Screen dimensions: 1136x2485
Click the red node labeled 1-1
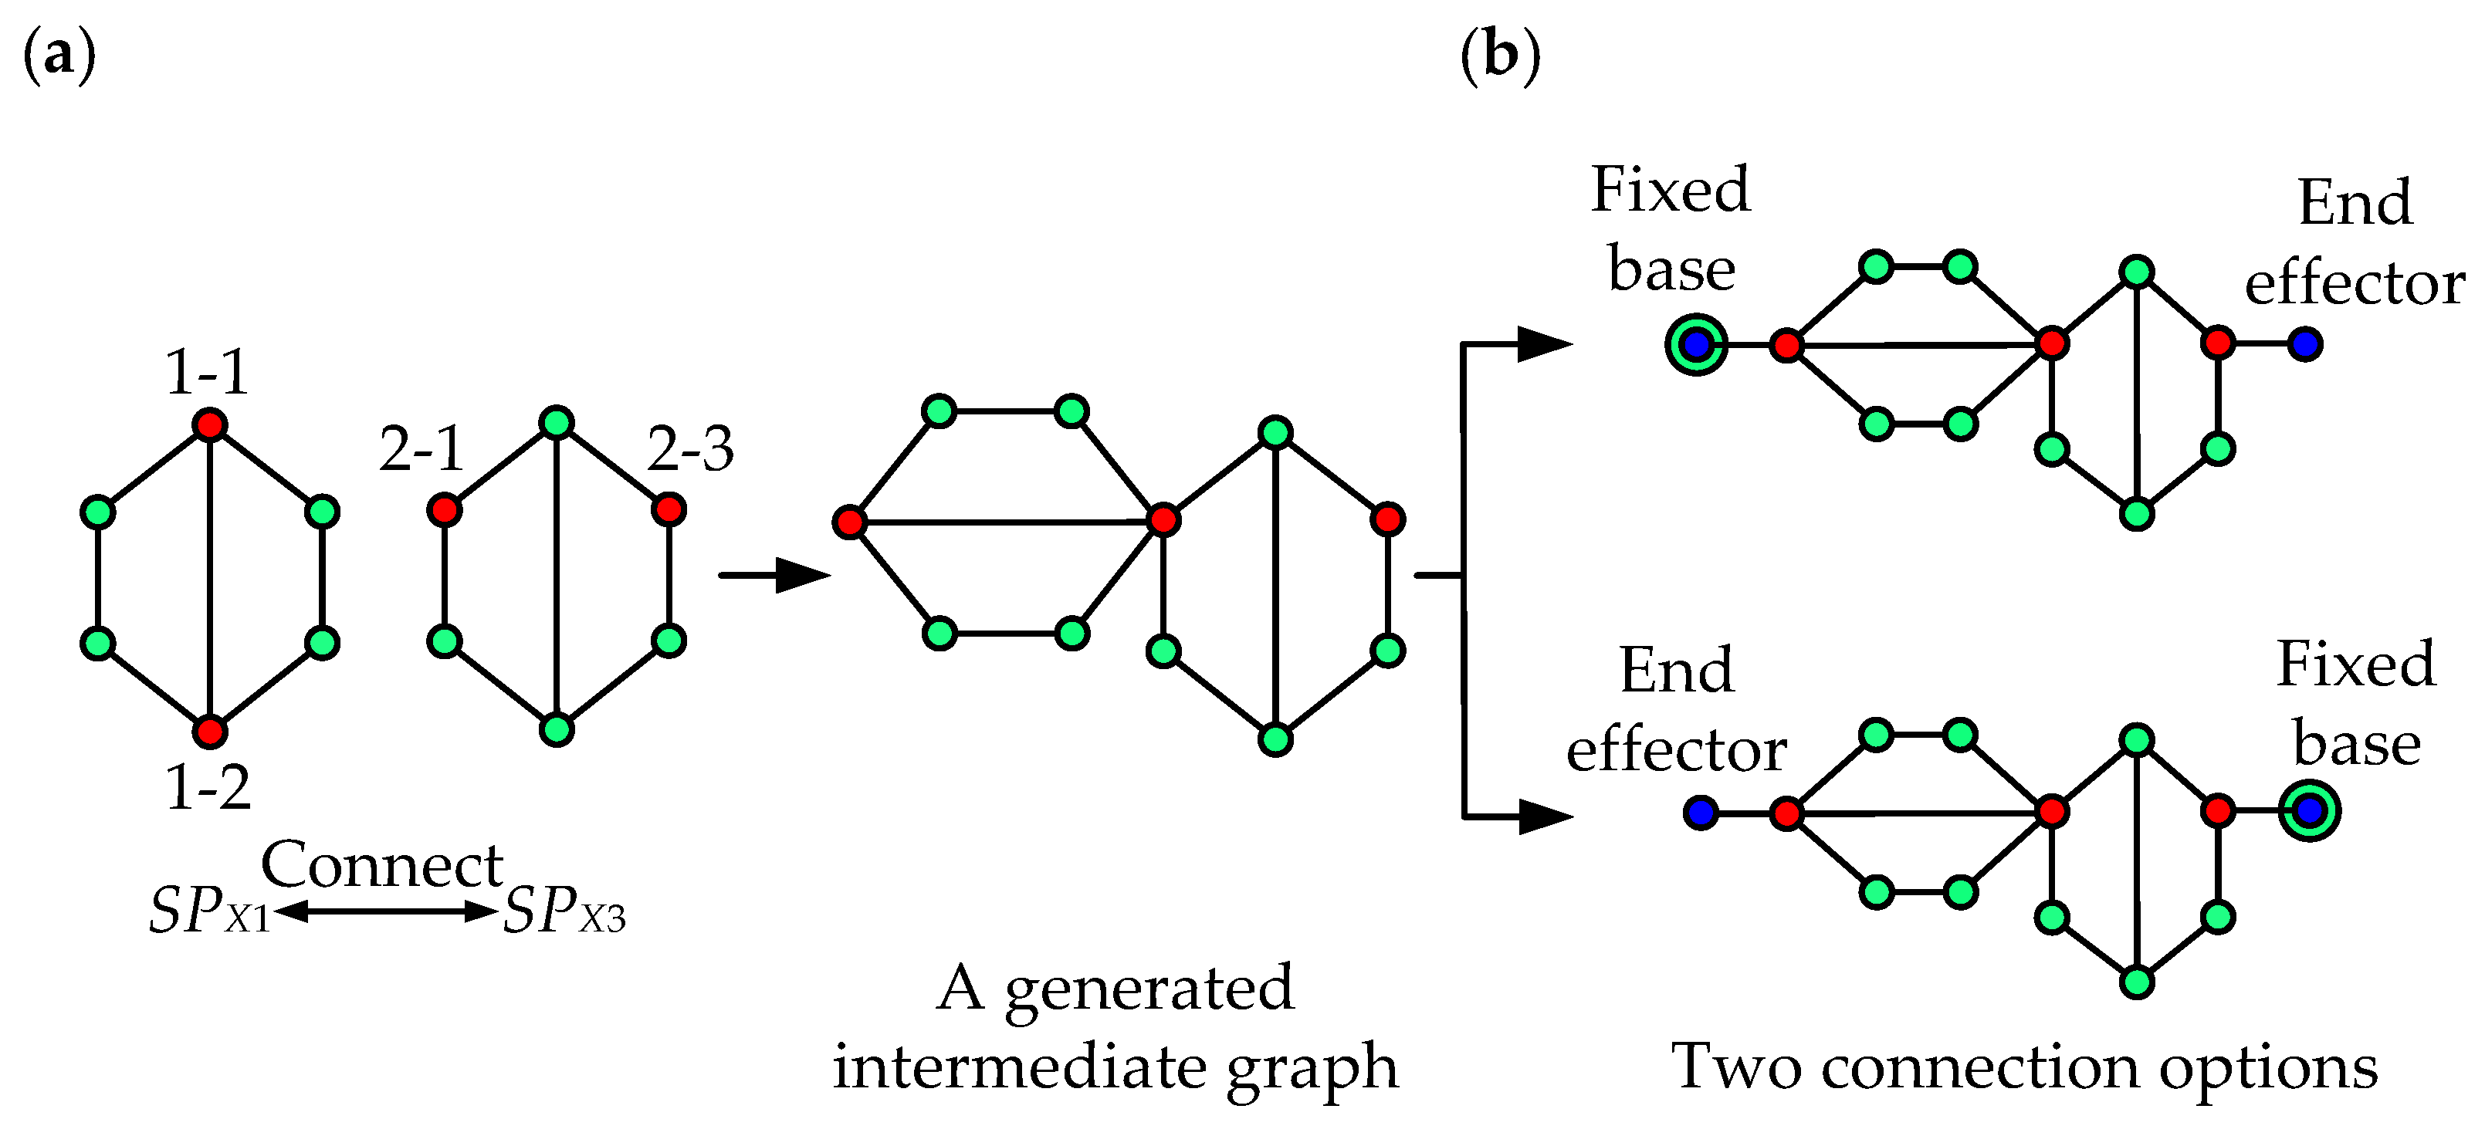click(209, 424)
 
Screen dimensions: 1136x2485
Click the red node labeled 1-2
click(209, 732)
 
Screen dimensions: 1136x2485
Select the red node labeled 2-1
click(444, 509)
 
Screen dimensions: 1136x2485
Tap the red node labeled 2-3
click(669, 509)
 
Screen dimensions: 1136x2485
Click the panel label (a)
click(59, 55)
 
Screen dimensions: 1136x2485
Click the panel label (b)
click(1500, 55)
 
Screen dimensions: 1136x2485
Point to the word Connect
click(382, 865)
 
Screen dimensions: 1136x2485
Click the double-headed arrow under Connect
click(386, 911)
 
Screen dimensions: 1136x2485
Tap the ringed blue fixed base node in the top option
click(1696, 344)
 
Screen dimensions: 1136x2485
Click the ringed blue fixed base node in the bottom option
click(2310, 811)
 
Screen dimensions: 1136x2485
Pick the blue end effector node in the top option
click(2306, 343)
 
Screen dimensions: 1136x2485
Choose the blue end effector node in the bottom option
click(1700, 812)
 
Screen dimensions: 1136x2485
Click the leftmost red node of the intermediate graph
click(849, 522)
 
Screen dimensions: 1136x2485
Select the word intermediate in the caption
click(1021, 1067)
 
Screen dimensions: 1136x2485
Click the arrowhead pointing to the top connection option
click(1543, 343)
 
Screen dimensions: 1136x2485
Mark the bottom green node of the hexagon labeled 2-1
click(557, 729)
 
